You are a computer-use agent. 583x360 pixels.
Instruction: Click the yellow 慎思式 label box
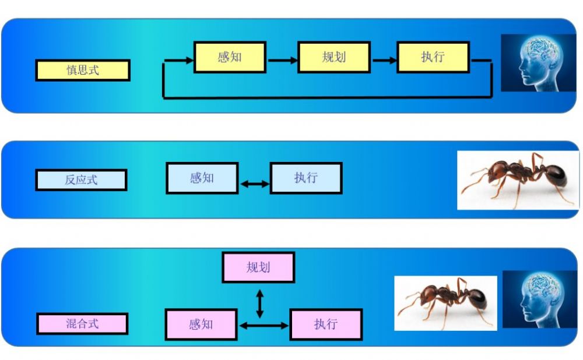(83, 70)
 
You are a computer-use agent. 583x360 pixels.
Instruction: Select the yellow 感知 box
(230, 57)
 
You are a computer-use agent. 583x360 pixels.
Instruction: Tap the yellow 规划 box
(334, 57)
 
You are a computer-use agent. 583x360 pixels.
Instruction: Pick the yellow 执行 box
(433, 57)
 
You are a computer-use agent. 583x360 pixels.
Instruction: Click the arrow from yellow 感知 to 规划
(282, 60)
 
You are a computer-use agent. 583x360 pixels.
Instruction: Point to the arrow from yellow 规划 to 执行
(384, 60)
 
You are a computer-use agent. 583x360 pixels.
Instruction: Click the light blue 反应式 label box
(81, 180)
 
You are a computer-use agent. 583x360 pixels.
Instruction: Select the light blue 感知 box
(202, 178)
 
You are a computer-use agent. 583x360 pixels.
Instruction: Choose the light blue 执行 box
(306, 178)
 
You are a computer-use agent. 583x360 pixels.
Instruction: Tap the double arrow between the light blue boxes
(254, 183)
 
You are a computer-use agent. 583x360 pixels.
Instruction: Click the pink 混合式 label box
(82, 323)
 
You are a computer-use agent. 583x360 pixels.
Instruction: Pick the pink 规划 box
(258, 267)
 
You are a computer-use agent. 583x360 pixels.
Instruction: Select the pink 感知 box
(201, 324)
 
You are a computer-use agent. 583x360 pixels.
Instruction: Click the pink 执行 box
(326, 324)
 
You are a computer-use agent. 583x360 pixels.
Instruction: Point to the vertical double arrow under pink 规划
(260, 304)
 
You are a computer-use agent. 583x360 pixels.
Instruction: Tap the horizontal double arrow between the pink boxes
(264, 326)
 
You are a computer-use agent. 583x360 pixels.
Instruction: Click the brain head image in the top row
(538, 63)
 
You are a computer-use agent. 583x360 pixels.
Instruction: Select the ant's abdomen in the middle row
(554, 176)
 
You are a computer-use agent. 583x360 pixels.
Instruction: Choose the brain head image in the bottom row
(540, 299)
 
